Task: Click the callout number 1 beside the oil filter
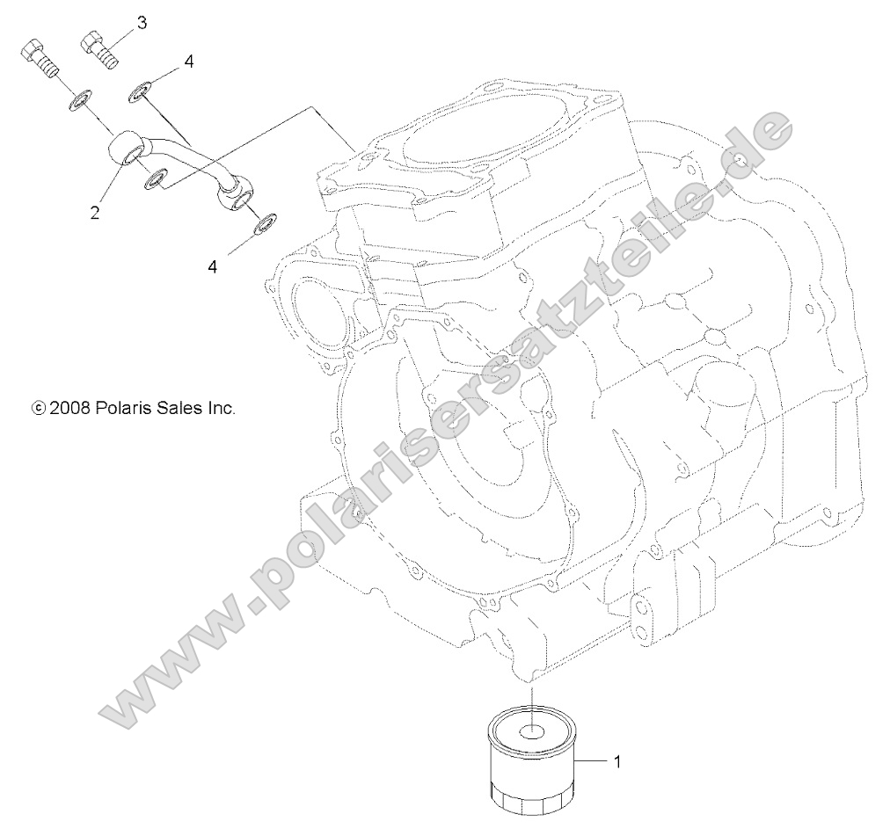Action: (x=616, y=762)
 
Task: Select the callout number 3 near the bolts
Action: (x=142, y=19)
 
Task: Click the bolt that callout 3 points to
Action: (x=99, y=47)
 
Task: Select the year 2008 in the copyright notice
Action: (x=68, y=408)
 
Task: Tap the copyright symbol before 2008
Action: (x=38, y=408)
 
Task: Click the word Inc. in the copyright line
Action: (x=221, y=408)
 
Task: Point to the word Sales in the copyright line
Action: (x=179, y=408)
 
